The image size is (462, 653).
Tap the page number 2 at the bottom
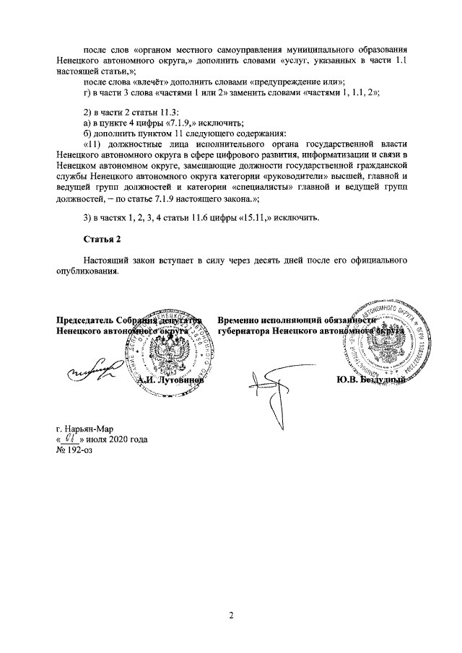pyautogui.click(x=231, y=615)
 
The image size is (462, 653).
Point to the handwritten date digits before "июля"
pyautogui.click(x=71, y=437)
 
